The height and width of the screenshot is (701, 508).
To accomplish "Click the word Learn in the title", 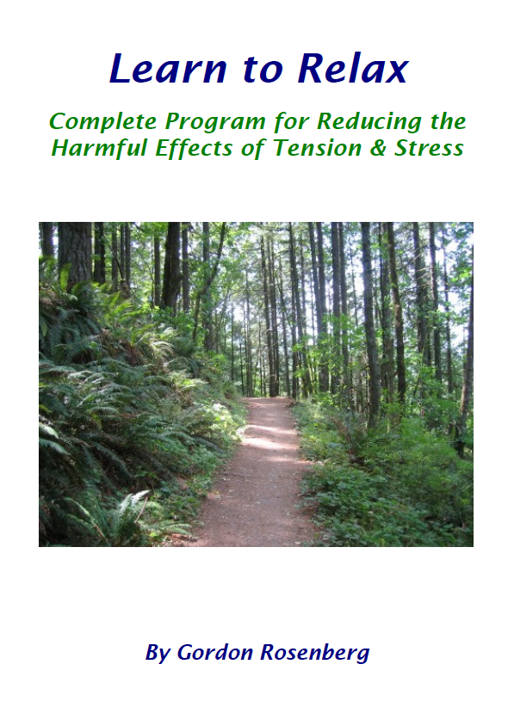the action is (x=168, y=69).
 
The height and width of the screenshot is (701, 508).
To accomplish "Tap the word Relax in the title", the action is (x=353, y=69).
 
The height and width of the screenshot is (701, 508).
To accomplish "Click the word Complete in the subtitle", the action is (x=103, y=121).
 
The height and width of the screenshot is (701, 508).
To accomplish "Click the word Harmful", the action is (x=99, y=148).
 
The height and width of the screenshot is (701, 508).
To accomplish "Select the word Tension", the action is (x=318, y=148).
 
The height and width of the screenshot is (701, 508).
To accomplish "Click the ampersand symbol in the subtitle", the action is (x=378, y=149).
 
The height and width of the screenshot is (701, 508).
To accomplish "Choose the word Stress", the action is (x=429, y=149).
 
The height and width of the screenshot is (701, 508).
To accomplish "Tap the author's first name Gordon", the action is (x=215, y=652).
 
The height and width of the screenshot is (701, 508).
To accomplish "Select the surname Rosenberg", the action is (x=315, y=652).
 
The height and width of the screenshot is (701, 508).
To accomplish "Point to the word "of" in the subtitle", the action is (x=253, y=148).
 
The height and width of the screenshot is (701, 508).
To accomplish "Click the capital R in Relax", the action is (x=312, y=69).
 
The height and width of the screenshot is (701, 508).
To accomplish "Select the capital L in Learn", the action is (x=121, y=69).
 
